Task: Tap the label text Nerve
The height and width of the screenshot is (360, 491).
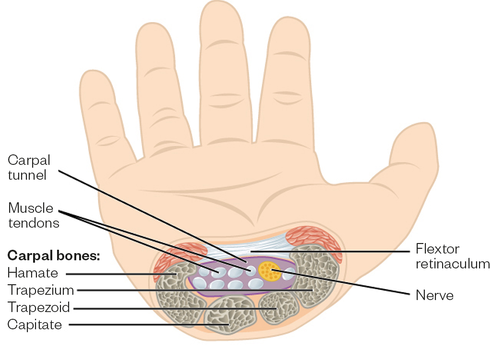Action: coord(434,295)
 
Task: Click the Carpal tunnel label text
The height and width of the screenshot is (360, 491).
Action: coord(28,167)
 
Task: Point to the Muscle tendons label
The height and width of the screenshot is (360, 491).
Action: coord(33,215)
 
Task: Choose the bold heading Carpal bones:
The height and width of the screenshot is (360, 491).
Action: coord(53,255)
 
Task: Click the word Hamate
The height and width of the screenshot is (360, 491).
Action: coord(33,274)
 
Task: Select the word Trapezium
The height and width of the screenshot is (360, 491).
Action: coord(41,290)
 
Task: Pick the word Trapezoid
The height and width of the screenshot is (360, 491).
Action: coord(39,307)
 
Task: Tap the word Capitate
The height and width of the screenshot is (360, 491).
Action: coord(35,325)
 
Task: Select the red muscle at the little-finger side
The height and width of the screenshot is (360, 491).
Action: coord(168,259)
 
